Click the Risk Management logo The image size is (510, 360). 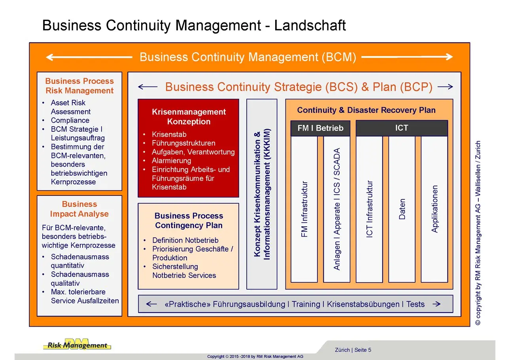pos(77,345)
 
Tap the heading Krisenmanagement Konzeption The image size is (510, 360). pos(189,117)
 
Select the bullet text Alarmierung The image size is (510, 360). pos(171,161)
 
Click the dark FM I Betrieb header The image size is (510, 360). pos(320,128)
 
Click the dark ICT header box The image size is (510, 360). pos(401,128)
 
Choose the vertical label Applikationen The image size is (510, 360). pos(434,209)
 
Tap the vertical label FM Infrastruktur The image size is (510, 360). pos(304,209)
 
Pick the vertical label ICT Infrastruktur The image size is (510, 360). pos(370,209)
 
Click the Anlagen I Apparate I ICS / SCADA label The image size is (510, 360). pos(337,209)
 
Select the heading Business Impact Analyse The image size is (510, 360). pos(79,209)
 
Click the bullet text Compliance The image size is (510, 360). pos(70,120)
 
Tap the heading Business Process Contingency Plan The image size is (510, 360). pos(189,221)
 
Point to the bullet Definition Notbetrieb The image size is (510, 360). pos(185,240)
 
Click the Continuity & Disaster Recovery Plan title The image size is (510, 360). pos(366,110)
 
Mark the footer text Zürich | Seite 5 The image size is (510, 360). pos(353,350)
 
